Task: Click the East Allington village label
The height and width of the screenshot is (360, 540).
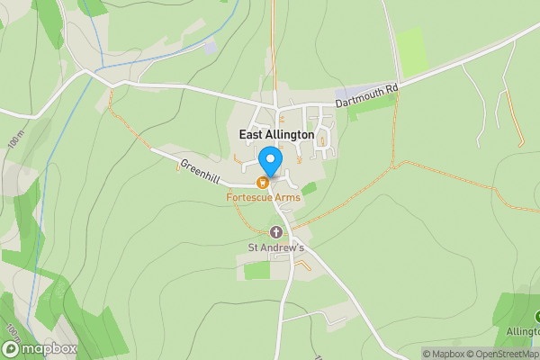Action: [x=276, y=135]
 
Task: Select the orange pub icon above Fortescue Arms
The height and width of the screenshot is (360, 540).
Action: [x=265, y=183]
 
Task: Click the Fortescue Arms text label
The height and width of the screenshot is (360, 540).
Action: [x=264, y=197]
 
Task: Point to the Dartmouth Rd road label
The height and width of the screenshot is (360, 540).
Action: [x=366, y=96]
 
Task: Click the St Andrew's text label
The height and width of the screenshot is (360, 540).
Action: [x=276, y=247]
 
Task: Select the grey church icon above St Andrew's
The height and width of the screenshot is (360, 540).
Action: [x=276, y=232]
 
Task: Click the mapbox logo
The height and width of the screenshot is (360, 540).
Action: [x=40, y=348]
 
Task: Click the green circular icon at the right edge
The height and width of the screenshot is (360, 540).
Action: [x=537, y=317]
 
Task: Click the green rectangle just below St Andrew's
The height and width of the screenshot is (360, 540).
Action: [x=256, y=270]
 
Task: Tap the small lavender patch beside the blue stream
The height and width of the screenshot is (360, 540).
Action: [x=210, y=47]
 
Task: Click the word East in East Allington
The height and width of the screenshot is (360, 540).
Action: [x=251, y=135]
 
